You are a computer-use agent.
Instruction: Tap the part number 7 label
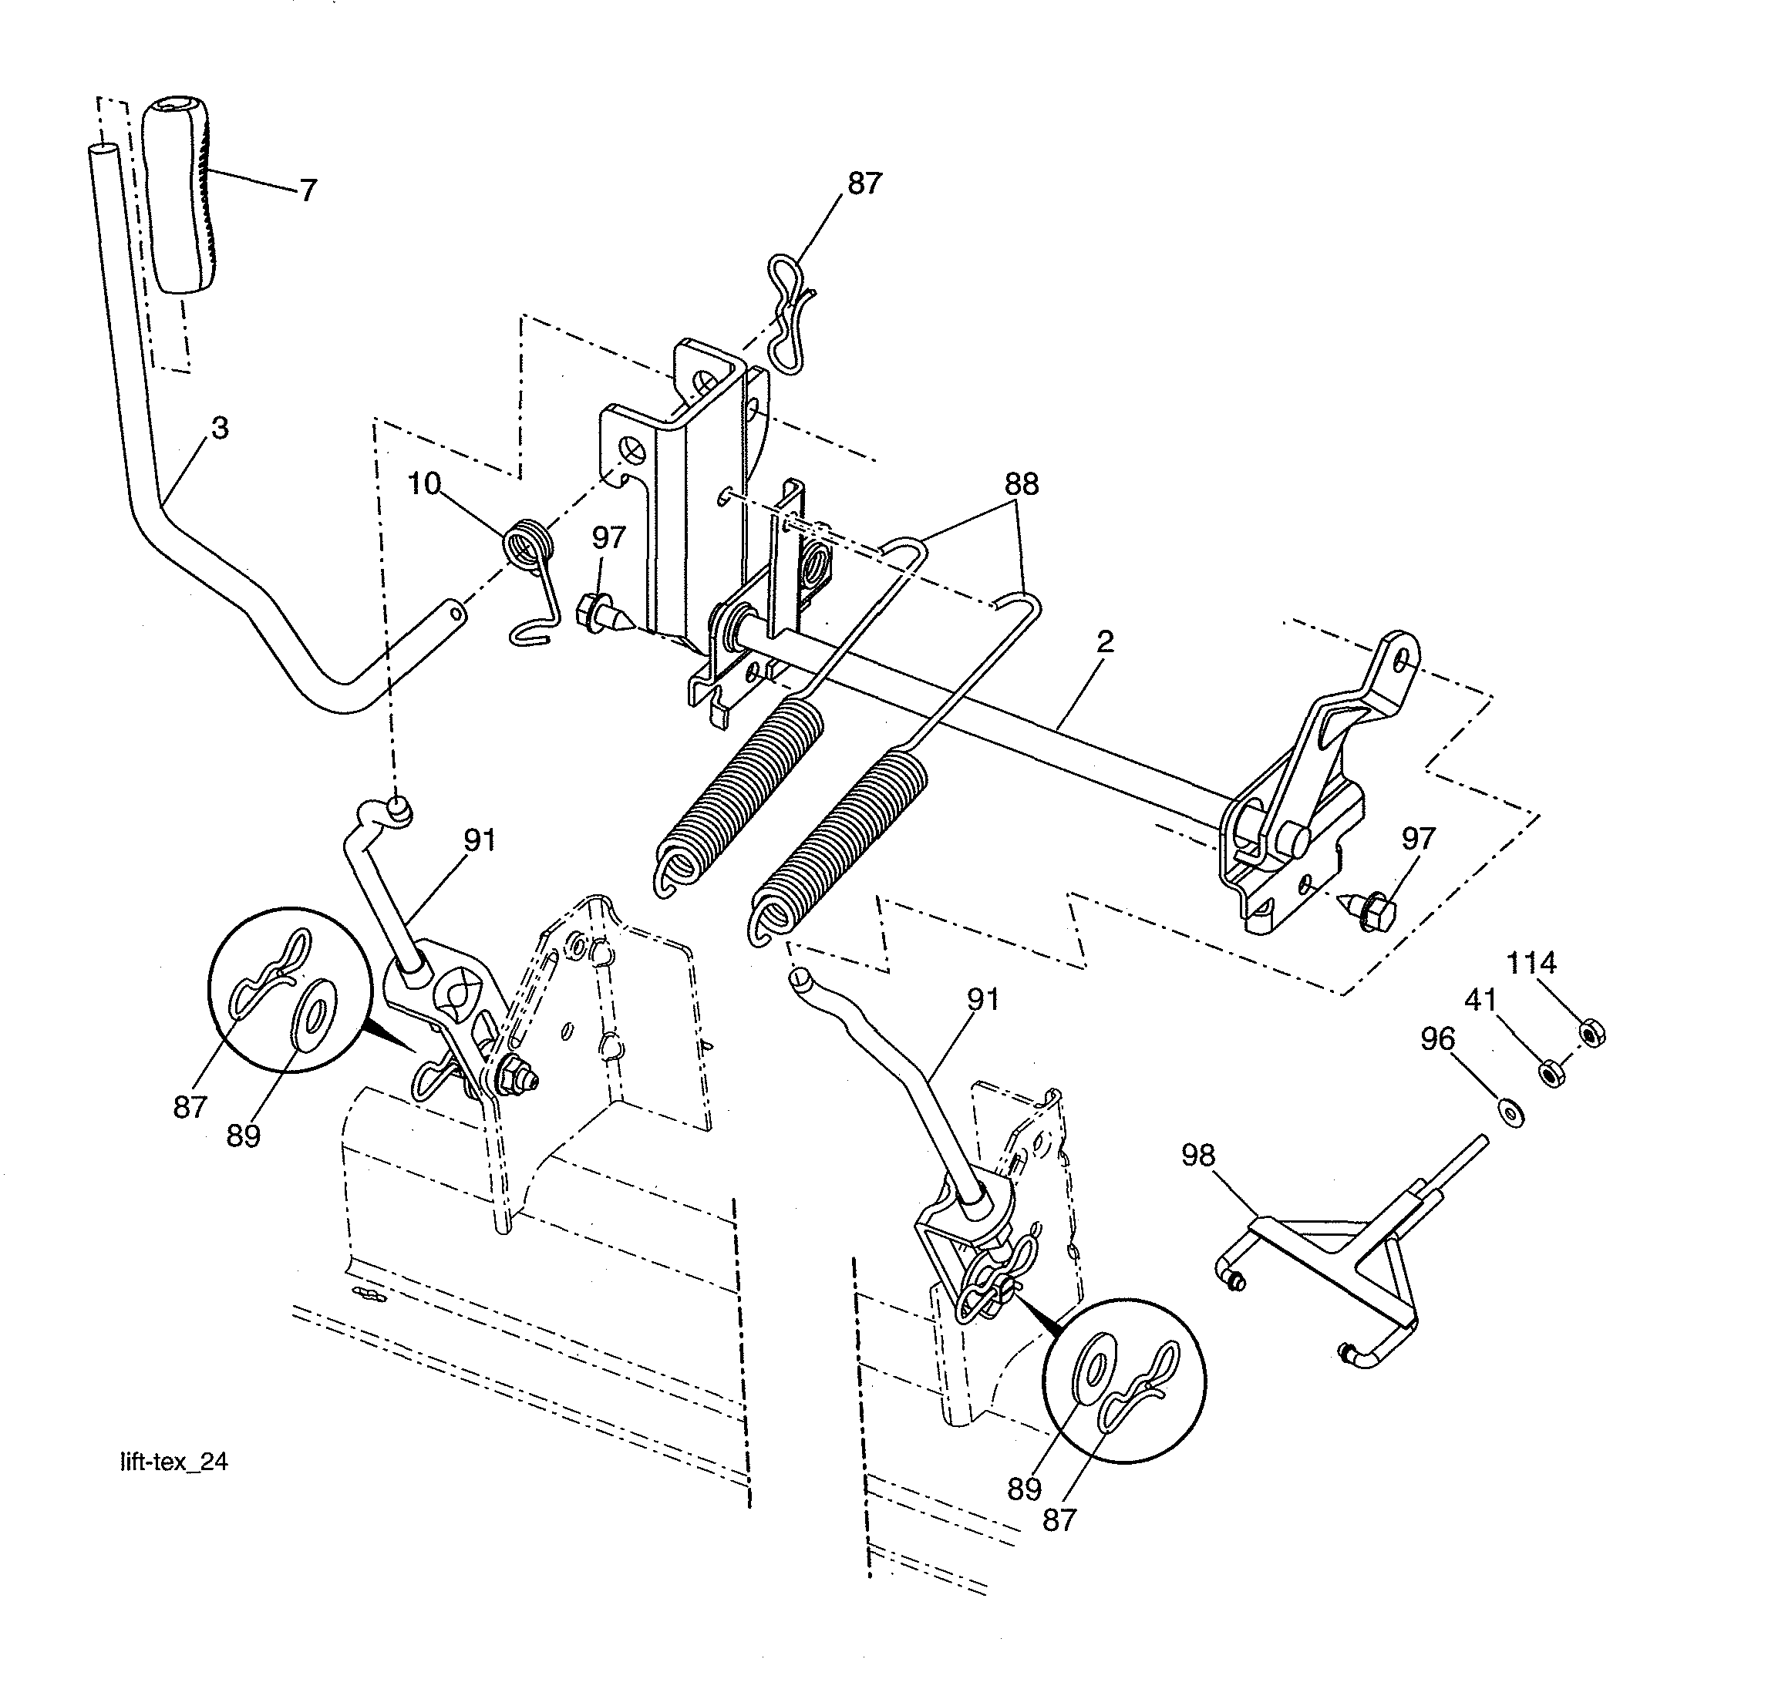(x=308, y=190)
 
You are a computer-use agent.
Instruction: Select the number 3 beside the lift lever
(x=220, y=429)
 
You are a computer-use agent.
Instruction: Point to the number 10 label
(x=423, y=485)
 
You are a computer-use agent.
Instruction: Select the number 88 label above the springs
(x=1021, y=485)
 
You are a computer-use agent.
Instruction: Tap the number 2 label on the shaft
(x=1105, y=643)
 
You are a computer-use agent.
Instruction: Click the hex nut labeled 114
(x=1591, y=1031)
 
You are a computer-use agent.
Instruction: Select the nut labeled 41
(x=1551, y=1073)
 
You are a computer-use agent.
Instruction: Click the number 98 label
(x=1198, y=1156)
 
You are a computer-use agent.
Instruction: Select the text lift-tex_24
(x=173, y=1462)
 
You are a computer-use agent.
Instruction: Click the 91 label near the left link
(x=480, y=841)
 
